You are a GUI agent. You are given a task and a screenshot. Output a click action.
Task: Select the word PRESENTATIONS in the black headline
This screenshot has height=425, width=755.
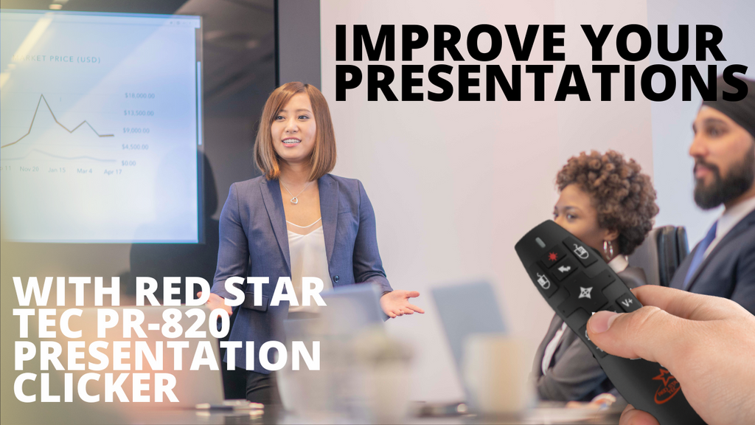point(541,83)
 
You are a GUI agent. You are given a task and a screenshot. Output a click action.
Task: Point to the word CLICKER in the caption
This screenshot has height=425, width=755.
point(96,388)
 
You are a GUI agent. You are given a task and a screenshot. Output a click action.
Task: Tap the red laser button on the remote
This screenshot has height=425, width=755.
point(552,256)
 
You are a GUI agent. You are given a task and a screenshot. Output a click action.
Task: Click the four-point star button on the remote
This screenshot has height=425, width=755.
point(585,291)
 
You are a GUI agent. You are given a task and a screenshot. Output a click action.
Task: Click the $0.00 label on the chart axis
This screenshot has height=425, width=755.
point(128,162)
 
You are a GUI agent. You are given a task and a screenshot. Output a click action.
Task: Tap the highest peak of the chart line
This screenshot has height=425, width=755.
point(43,96)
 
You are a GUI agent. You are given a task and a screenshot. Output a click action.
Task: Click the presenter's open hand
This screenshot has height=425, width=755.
point(402,303)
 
